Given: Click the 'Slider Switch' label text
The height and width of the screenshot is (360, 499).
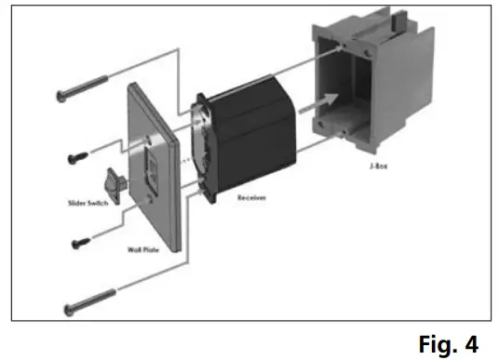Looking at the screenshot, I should click(90, 202).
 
